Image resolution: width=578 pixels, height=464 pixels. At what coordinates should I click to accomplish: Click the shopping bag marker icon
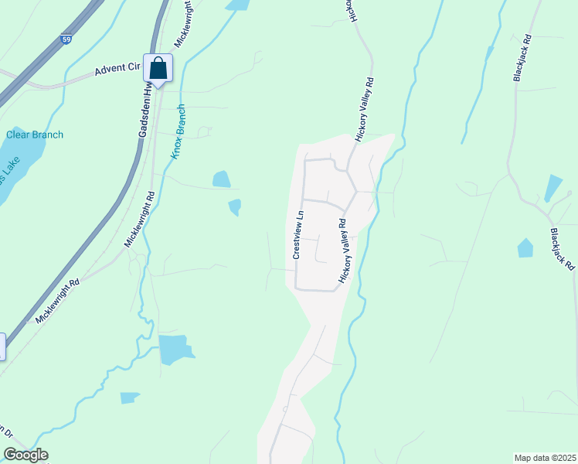click(158, 69)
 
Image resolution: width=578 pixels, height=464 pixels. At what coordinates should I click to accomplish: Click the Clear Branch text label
click(36, 135)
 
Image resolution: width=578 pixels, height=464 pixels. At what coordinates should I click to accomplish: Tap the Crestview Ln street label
click(297, 234)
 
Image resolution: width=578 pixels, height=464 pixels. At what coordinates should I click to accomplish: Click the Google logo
click(25, 455)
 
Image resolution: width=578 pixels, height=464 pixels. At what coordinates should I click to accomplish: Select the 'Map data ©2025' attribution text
click(544, 458)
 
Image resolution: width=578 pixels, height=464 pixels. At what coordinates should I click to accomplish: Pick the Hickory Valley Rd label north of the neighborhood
click(364, 108)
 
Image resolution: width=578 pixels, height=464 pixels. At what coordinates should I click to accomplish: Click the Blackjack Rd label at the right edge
click(563, 248)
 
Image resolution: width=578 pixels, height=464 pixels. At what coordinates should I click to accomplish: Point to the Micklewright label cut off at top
click(182, 23)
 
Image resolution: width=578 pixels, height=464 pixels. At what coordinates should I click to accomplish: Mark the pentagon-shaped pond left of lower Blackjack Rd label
click(525, 248)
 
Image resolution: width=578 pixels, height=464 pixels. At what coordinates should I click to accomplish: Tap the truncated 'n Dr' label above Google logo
click(6, 432)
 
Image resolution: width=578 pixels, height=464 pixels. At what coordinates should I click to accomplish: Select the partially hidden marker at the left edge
click(2, 346)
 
